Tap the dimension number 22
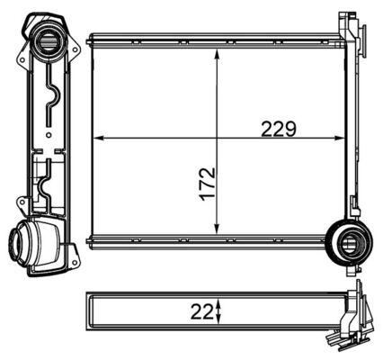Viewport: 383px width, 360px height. (202, 312)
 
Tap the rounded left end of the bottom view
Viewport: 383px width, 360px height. (88, 312)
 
